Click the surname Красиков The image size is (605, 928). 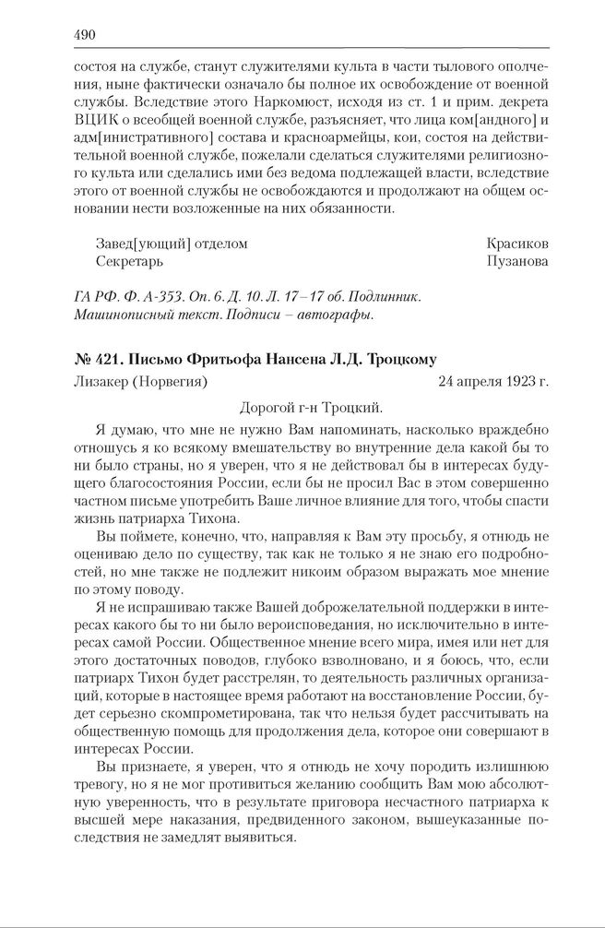(517, 244)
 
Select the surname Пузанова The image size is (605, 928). (517, 262)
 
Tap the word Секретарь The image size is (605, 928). (130, 262)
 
